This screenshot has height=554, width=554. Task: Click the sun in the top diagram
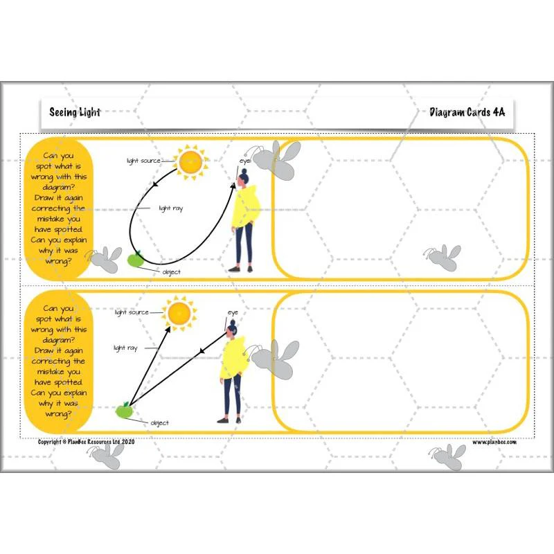[191, 162]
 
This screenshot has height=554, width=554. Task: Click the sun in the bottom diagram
[179, 314]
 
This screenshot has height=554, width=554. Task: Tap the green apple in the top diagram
[135, 259]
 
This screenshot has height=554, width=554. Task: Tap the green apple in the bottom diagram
[124, 410]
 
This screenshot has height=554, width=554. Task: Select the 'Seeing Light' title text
[75, 112]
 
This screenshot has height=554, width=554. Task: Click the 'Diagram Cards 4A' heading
[467, 112]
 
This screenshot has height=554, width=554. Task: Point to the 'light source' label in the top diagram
[143, 161]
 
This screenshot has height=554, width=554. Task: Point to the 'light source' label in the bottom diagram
[132, 312]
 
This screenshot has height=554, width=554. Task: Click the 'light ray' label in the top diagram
[171, 208]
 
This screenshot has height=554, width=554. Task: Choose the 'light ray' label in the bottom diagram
[125, 348]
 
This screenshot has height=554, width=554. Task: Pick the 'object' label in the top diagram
[171, 272]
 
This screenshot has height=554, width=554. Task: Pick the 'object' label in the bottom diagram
[160, 423]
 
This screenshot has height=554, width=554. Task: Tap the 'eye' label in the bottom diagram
[233, 313]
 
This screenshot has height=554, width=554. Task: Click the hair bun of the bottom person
[233, 322]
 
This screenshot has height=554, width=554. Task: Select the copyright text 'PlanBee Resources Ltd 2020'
[101, 442]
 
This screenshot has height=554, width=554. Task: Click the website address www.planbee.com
[494, 442]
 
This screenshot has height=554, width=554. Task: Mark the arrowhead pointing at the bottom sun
[168, 330]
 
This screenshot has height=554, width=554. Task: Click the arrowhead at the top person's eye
[233, 186]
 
